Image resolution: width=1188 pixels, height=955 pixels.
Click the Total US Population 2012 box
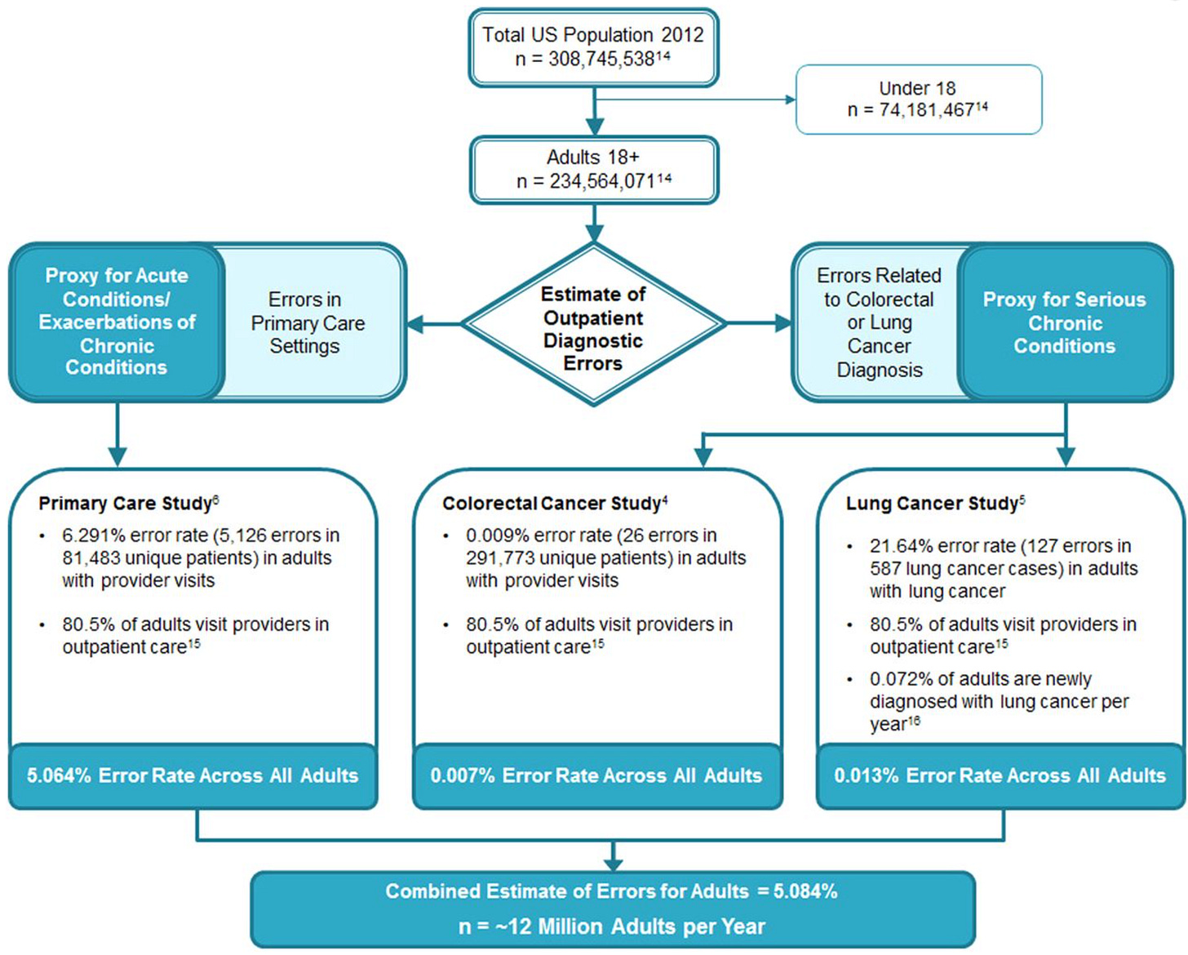593,47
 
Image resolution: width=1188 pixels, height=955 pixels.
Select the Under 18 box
919,100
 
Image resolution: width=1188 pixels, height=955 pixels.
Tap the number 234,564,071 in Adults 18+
601,181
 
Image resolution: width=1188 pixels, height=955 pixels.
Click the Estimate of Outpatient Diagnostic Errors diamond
593,324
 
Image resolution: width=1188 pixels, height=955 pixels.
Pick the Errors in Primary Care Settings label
308,323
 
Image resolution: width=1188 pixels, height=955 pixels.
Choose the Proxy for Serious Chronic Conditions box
1064,322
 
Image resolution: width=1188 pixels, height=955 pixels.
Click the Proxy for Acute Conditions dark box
117,322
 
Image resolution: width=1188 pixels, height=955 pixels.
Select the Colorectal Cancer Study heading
555,503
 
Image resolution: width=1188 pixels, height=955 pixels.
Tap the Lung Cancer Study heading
935,503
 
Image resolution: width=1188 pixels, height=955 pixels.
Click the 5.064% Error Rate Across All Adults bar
193,776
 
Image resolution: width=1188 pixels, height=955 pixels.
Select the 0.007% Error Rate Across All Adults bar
597,776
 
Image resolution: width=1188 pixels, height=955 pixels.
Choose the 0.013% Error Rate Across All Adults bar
1000,776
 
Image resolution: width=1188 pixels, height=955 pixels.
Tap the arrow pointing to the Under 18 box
695,100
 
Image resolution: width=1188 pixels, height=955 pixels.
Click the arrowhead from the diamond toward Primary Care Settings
415,324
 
